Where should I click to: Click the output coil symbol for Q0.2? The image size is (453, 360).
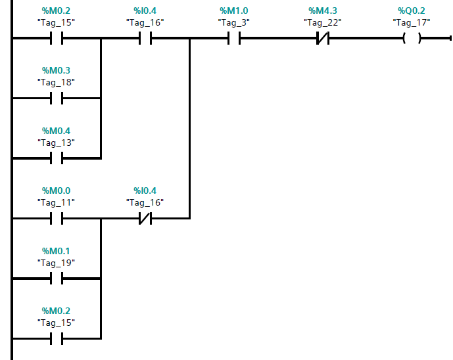(x=411, y=39)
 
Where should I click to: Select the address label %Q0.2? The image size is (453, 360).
(x=411, y=11)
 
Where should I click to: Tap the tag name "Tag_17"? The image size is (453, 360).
(x=411, y=22)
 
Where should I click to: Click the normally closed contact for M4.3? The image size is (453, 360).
(x=322, y=39)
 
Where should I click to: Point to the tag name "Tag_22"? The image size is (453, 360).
(x=322, y=22)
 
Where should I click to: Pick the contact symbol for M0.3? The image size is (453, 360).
(x=56, y=99)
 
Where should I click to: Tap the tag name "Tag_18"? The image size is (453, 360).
(x=56, y=82)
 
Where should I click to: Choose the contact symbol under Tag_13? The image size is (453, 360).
(x=56, y=158)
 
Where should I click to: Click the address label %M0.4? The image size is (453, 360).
(x=56, y=131)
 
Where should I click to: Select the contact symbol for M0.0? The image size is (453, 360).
(x=56, y=218)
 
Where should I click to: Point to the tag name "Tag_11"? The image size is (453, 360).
(x=56, y=202)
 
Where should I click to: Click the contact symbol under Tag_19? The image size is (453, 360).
(x=56, y=279)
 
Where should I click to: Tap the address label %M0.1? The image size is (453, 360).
(x=56, y=251)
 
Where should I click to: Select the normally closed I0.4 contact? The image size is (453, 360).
(x=145, y=218)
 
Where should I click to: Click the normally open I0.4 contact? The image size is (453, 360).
(x=145, y=39)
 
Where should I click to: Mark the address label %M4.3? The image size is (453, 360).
(x=322, y=11)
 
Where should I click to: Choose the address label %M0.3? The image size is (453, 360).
(x=56, y=70)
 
